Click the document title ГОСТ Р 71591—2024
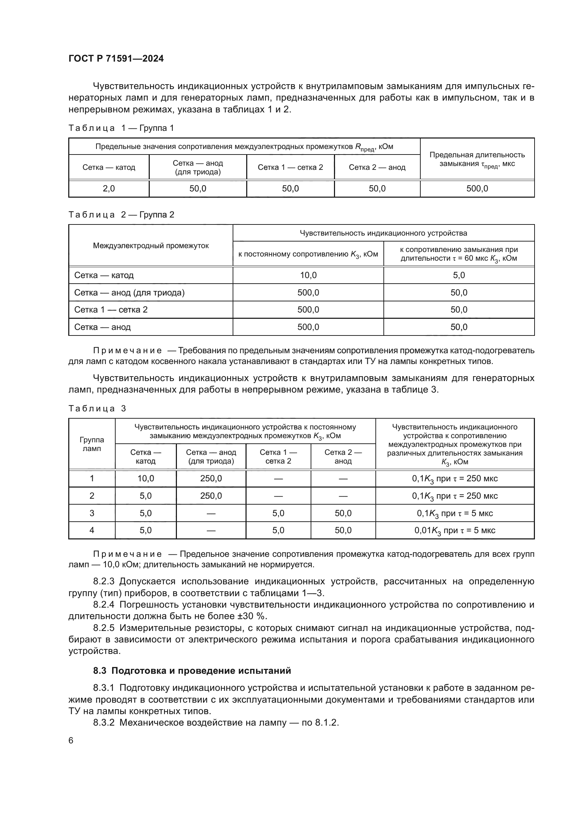click(116, 58)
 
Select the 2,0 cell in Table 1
click(109, 189)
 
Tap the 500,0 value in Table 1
click(477, 189)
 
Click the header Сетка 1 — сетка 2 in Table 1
click(290, 167)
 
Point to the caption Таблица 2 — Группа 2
click(121, 215)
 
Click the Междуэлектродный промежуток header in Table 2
click(151, 246)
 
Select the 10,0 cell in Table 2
click(308, 275)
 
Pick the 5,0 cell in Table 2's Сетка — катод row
click(459, 275)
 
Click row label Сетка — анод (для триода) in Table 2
click(129, 292)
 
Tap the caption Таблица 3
click(97, 409)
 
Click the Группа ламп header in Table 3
click(92, 444)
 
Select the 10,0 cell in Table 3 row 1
click(146, 479)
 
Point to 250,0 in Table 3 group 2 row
click(211, 496)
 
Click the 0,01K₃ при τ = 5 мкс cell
click(454, 530)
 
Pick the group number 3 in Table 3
click(92, 513)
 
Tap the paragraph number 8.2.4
click(103, 604)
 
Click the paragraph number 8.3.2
click(103, 722)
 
